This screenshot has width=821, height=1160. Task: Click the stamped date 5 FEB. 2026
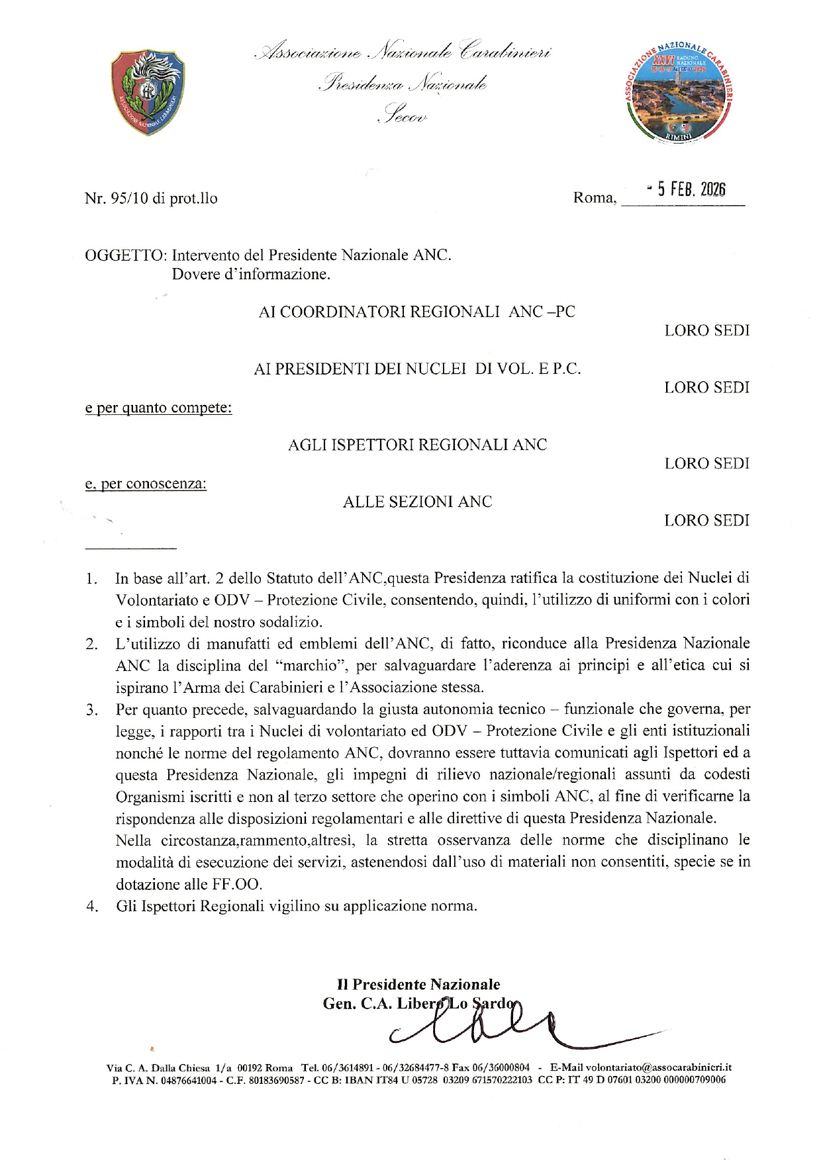689,190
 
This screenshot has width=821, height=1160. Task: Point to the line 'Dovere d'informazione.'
251,274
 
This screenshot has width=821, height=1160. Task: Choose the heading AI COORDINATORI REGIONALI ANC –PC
417,312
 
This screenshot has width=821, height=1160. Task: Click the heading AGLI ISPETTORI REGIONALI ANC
417,445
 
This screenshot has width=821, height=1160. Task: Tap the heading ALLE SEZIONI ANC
417,502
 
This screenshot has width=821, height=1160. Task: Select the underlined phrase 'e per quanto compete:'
158,408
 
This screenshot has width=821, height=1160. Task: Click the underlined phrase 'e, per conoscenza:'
146,484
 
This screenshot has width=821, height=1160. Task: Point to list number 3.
91,711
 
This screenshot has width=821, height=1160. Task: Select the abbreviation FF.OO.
236,885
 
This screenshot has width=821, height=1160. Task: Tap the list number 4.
91,907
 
